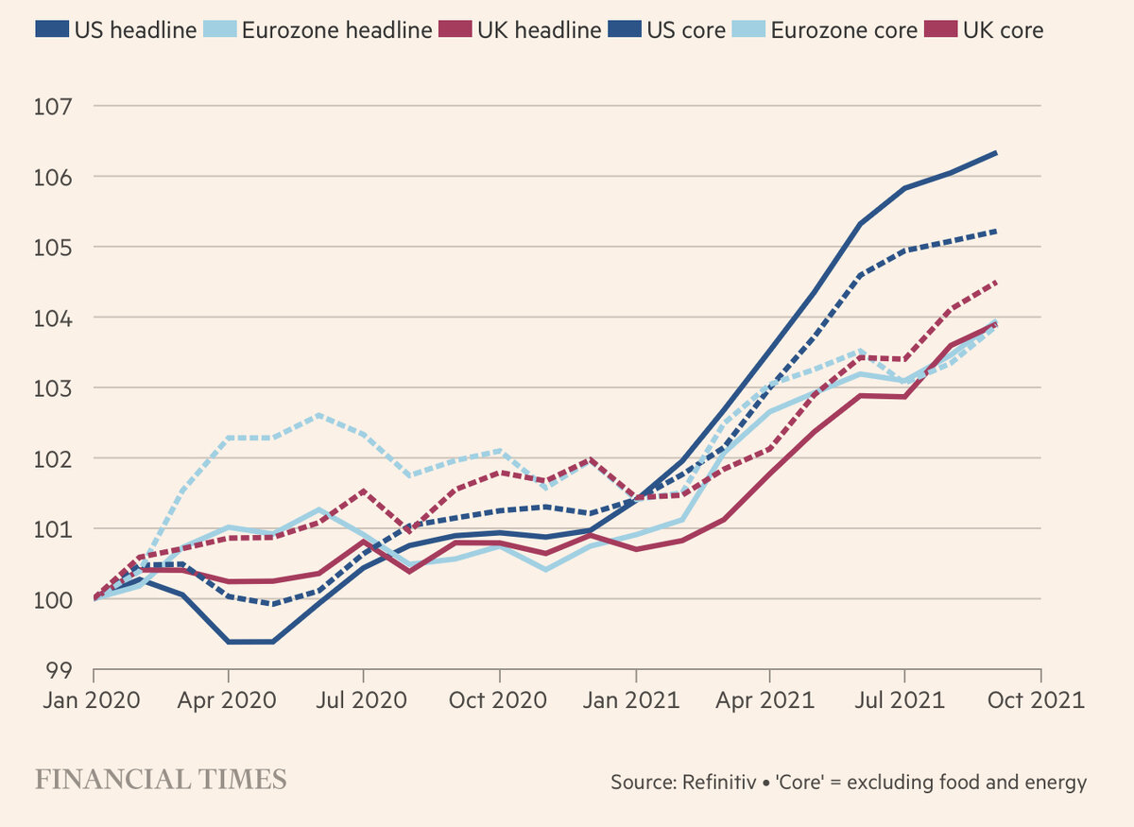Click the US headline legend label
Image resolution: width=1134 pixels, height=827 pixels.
click(134, 29)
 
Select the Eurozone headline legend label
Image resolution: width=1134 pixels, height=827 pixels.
click(337, 29)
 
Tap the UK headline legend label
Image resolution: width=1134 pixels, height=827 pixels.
click(539, 29)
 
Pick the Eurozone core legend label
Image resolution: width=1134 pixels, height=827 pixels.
click(844, 29)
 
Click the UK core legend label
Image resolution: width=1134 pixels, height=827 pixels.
click(1003, 29)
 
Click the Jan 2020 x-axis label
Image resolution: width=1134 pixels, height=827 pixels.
click(92, 701)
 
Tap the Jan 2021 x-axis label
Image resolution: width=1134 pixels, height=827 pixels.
click(635, 701)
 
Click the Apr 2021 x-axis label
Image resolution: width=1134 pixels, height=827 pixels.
click(770, 701)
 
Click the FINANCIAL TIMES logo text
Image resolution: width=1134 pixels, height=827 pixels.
click(161, 780)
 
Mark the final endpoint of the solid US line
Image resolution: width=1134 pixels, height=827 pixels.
click(996, 152)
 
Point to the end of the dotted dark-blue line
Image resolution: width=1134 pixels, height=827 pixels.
click(996, 231)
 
